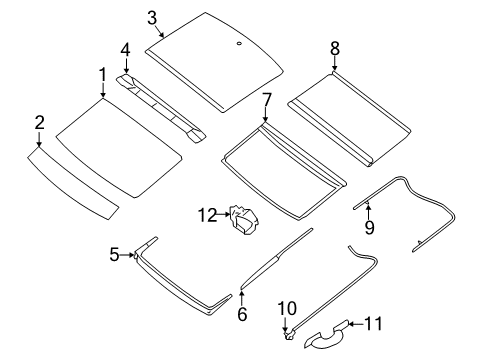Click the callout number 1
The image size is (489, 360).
(x=102, y=75)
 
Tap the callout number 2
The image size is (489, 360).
(x=39, y=122)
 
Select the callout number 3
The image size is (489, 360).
(x=152, y=17)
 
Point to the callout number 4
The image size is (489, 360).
(x=125, y=49)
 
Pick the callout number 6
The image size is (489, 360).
(x=241, y=313)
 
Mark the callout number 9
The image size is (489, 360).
(x=368, y=228)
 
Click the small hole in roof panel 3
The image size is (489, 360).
(x=240, y=44)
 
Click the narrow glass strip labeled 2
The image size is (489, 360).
(x=70, y=184)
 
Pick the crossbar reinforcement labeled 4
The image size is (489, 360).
(x=160, y=104)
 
